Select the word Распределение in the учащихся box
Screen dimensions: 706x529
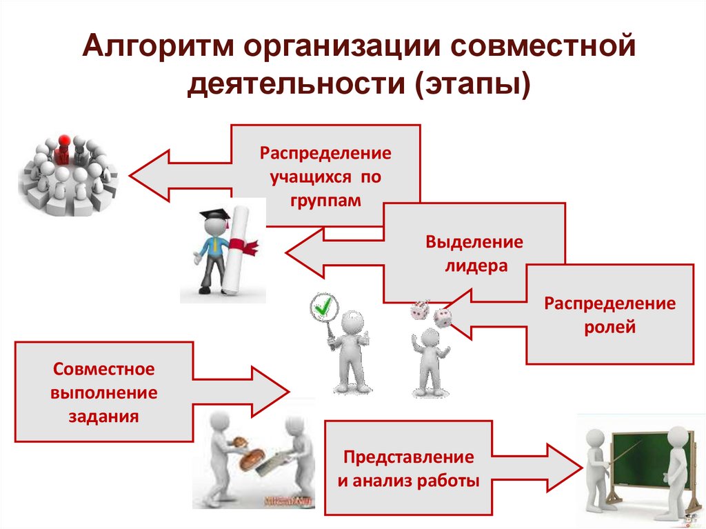coord(325,152)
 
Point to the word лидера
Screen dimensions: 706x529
coord(474,266)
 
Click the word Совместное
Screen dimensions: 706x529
coord(103,369)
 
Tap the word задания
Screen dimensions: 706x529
coord(103,417)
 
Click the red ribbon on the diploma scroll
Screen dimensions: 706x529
coord(245,243)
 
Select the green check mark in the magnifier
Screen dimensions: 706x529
coord(322,306)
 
